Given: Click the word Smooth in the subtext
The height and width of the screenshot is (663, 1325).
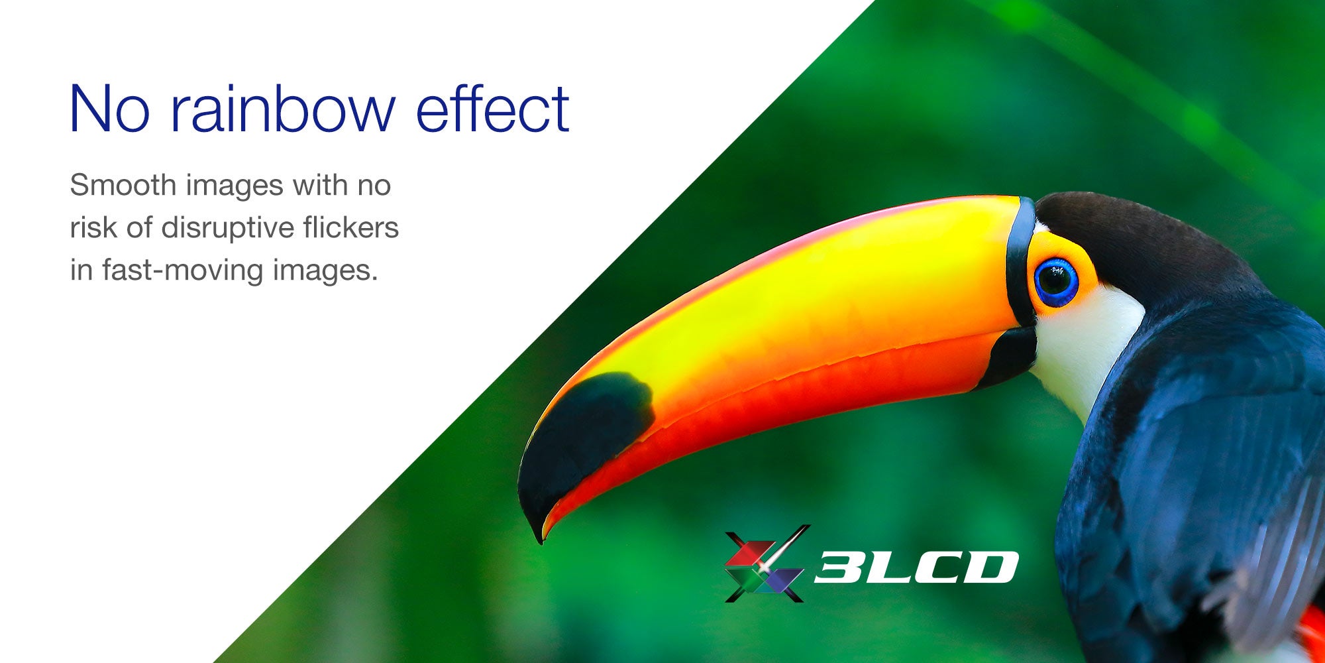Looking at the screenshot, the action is (123, 185).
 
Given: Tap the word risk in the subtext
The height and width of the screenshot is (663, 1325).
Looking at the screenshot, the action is (94, 227).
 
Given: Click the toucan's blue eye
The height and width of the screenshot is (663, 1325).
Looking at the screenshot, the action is (1056, 282).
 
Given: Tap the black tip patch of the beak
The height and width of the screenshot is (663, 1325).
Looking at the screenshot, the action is (583, 438).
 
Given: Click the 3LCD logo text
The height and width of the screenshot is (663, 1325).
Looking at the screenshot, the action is (916, 568).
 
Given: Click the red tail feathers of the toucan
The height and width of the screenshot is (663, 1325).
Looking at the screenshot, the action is (1312, 633).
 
